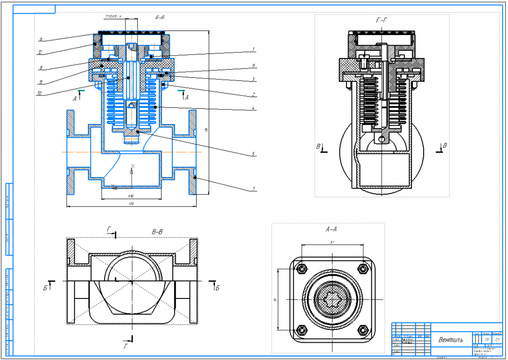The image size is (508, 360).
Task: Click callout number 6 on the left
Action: pos(40,38)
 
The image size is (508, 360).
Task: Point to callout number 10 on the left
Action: pos(39,93)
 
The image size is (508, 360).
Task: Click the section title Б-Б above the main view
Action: pos(160,18)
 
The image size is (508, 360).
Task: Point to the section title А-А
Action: pos(332,229)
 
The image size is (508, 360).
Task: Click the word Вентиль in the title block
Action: pos(451,339)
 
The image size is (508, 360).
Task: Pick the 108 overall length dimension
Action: pos(131,203)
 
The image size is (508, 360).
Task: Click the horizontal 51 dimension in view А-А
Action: pos(332,242)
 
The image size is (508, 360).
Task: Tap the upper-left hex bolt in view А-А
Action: pos(303,268)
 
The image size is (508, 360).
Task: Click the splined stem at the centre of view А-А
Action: pos(332,299)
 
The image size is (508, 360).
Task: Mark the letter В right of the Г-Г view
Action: pos(445,146)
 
